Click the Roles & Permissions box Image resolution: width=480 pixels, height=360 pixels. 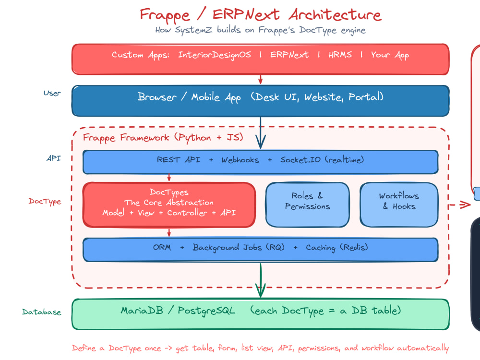(307, 204)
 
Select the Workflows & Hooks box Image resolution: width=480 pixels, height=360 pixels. (399, 204)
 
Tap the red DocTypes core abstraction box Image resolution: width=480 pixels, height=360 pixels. (169, 204)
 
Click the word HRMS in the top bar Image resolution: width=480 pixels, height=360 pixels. (340, 55)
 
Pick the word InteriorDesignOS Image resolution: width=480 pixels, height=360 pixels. (215, 55)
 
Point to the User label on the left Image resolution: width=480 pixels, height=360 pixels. (52, 93)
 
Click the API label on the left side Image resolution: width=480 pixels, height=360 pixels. (54, 158)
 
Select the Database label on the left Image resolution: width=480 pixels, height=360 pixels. (42, 312)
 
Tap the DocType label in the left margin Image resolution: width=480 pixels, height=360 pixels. (45, 201)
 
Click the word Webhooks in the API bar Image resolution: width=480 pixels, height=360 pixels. (240, 160)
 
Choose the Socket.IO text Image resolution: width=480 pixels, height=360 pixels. (300, 160)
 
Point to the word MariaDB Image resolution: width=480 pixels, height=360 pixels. (142, 311)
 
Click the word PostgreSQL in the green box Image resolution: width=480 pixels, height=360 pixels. (206, 311)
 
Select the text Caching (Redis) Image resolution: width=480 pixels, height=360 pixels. (337, 247)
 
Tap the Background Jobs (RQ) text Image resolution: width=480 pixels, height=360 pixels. (239, 247)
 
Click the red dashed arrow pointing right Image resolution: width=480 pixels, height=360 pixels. (459, 205)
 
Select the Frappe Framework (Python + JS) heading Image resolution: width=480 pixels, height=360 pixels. (163, 138)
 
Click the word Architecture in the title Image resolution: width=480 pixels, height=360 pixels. (335, 14)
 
